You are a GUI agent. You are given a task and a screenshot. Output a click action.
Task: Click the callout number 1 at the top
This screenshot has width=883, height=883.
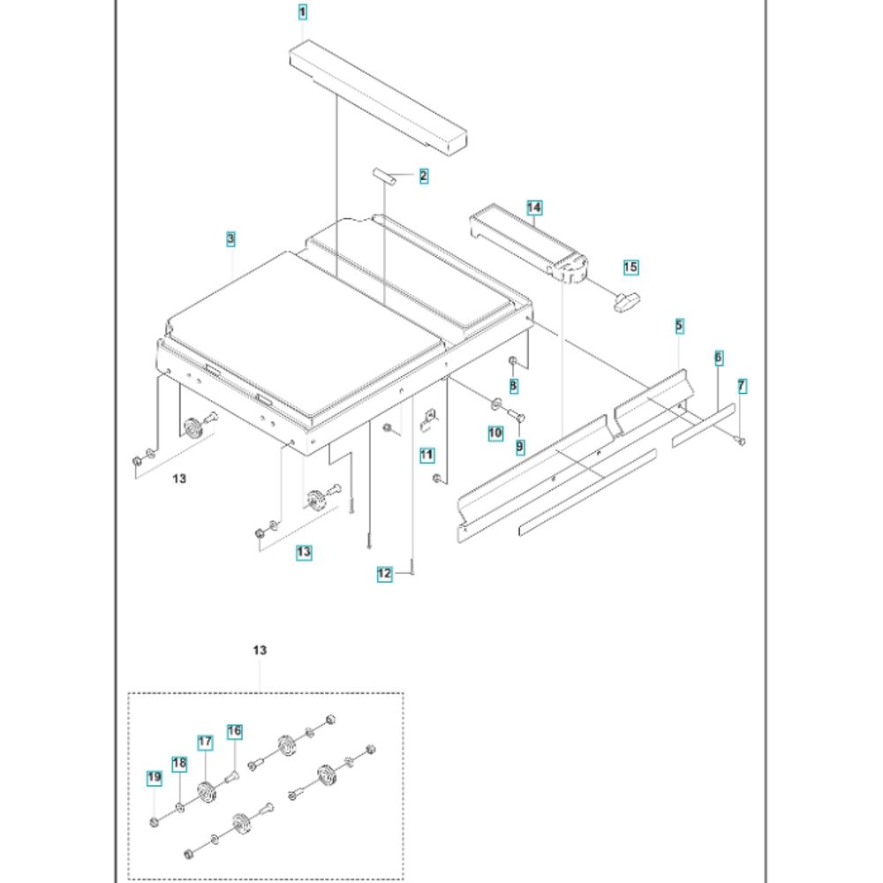pos(303,12)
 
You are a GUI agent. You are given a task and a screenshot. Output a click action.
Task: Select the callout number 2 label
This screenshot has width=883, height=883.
pos(424,176)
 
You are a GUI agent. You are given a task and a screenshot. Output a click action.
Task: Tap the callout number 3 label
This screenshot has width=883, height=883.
pos(230,238)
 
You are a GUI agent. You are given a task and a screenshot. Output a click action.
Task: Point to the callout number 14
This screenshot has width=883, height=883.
pos(534,208)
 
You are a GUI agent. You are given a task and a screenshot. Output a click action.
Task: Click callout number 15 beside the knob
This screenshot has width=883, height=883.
pos(630,267)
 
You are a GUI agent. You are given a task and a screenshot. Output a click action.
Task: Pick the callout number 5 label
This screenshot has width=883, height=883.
pos(679,327)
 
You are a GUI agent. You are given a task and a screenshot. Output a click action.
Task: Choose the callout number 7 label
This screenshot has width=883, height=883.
pos(742,386)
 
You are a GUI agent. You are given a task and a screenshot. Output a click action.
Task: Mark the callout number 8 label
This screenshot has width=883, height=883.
pos(513,386)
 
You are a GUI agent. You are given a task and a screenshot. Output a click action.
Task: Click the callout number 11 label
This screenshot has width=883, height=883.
pos(427,456)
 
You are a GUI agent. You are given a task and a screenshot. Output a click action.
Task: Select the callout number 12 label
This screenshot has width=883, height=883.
pos(384,574)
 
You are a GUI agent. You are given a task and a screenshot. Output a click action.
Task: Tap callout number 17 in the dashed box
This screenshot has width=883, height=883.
pos(205,743)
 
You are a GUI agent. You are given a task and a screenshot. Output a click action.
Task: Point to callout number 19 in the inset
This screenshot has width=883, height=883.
pos(155,777)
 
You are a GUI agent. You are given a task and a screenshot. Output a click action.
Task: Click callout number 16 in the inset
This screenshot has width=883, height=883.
pos(234,731)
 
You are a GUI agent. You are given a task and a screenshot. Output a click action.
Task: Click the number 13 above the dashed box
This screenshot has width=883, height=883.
pos(259,651)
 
